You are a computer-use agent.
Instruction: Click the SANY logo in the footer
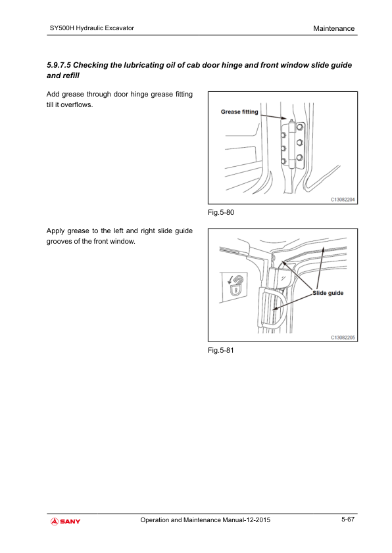click(x=65, y=521)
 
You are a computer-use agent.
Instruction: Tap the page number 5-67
click(x=347, y=519)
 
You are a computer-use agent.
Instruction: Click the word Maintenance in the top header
click(x=333, y=28)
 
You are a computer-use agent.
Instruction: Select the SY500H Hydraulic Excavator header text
click(x=92, y=28)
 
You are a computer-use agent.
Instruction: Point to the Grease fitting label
click(x=239, y=112)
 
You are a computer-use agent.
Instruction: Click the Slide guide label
click(x=328, y=293)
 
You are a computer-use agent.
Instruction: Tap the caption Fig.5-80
click(x=221, y=212)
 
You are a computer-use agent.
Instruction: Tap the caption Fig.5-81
click(x=221, y=350)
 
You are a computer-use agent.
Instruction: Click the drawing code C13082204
click(x=343, y=200)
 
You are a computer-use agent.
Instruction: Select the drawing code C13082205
click(x=343, y=338)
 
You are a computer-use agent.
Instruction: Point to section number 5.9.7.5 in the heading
click(x=59, y=65)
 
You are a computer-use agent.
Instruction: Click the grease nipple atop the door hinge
click(x=290, y=122)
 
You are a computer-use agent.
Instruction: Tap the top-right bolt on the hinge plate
click(x=300, y=127)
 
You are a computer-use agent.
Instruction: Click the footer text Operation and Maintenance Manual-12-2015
click(x=205, y=520)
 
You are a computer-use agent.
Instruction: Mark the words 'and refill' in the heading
click(x=63, y=76)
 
